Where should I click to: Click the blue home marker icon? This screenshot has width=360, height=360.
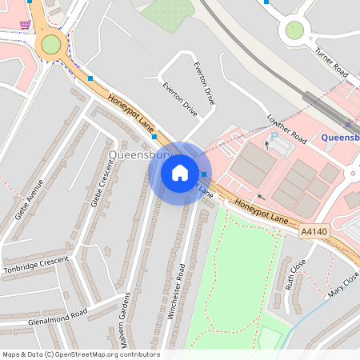point(180,173)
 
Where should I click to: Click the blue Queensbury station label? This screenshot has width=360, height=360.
point(339,137)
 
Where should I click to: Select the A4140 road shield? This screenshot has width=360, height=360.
point(314,230)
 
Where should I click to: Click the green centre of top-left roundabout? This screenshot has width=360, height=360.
point(50,44)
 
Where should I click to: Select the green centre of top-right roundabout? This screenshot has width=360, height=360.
point(294,30)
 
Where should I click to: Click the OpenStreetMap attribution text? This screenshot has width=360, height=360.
point(81,354)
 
